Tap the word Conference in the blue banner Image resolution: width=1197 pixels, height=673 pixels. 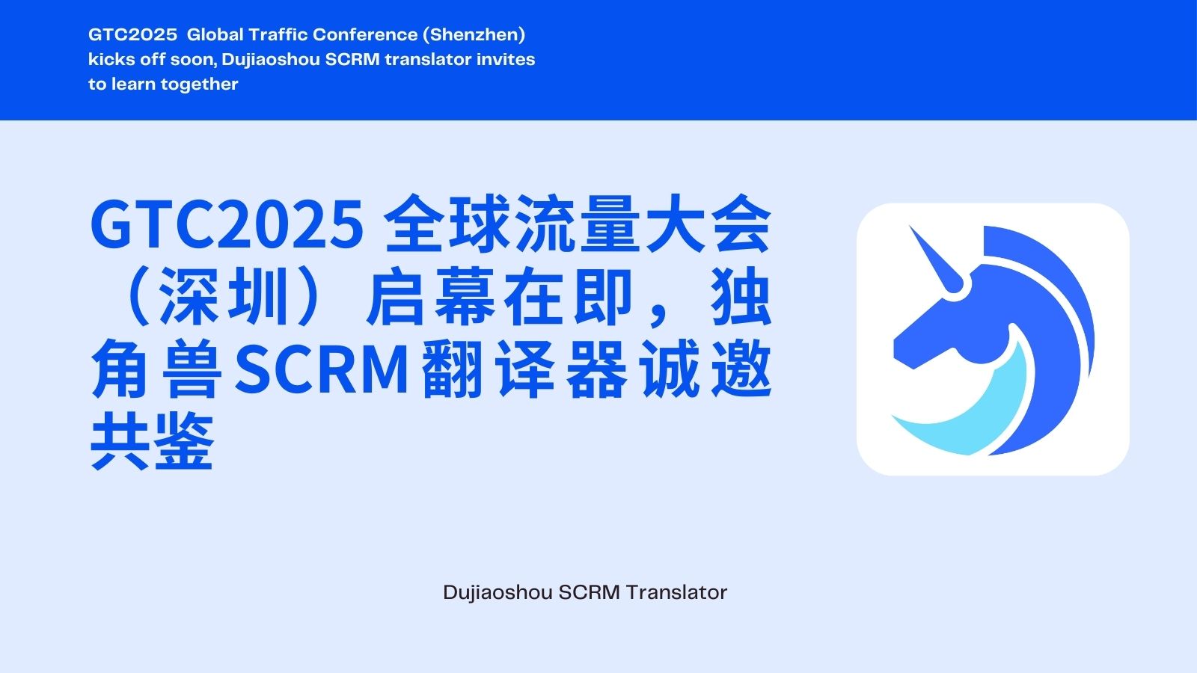pyautogui.click(x=365, y=34)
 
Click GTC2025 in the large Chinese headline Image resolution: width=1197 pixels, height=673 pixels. pyautogui.click(x=227, y=224)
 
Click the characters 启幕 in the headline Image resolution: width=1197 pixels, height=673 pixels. pyautogui.click(x=430, y=296)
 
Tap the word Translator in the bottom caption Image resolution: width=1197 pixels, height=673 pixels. pyautogui.click(x=676, y=592)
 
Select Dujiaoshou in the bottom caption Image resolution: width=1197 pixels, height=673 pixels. pyautogui.click(x=498, y=593)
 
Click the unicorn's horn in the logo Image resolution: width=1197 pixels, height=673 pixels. pyautogui.click(x=936, y=259)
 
